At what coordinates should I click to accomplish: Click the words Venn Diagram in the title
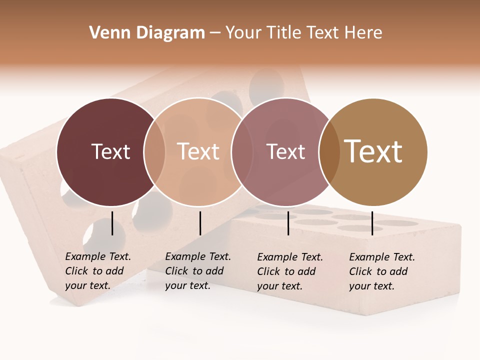click(x=147, y=33)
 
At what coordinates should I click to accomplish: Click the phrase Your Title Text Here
click(x=303, y=33)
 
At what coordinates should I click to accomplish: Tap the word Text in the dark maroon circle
click(x=110, y=151)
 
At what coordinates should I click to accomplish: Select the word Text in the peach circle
click(x=198, y=151)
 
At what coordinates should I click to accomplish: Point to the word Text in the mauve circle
click(x=285, y=151)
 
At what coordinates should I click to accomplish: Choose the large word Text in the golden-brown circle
click(x=373, y=151)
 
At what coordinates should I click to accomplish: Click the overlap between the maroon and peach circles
click(x=154, y=151)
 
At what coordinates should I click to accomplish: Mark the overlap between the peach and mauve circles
click(x=242, y=151)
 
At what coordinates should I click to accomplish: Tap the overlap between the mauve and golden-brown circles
click(x=328, y=151)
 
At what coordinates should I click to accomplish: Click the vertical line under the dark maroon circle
click(x=112, y=223)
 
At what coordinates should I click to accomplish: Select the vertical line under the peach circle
click(x=200, y=223)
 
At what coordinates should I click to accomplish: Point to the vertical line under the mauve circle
click(x=288, y=223)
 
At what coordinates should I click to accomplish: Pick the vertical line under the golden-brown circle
click(x=372, y=223)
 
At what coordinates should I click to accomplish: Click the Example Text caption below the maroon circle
click(x=98, y=271)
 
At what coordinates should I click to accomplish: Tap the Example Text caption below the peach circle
click(x=198, y=271)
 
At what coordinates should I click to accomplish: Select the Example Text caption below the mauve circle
click(x=290, y=271)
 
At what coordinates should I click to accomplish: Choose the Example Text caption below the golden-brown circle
click(x=382, y=271)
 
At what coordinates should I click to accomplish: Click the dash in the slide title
click(x=215, y=33)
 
